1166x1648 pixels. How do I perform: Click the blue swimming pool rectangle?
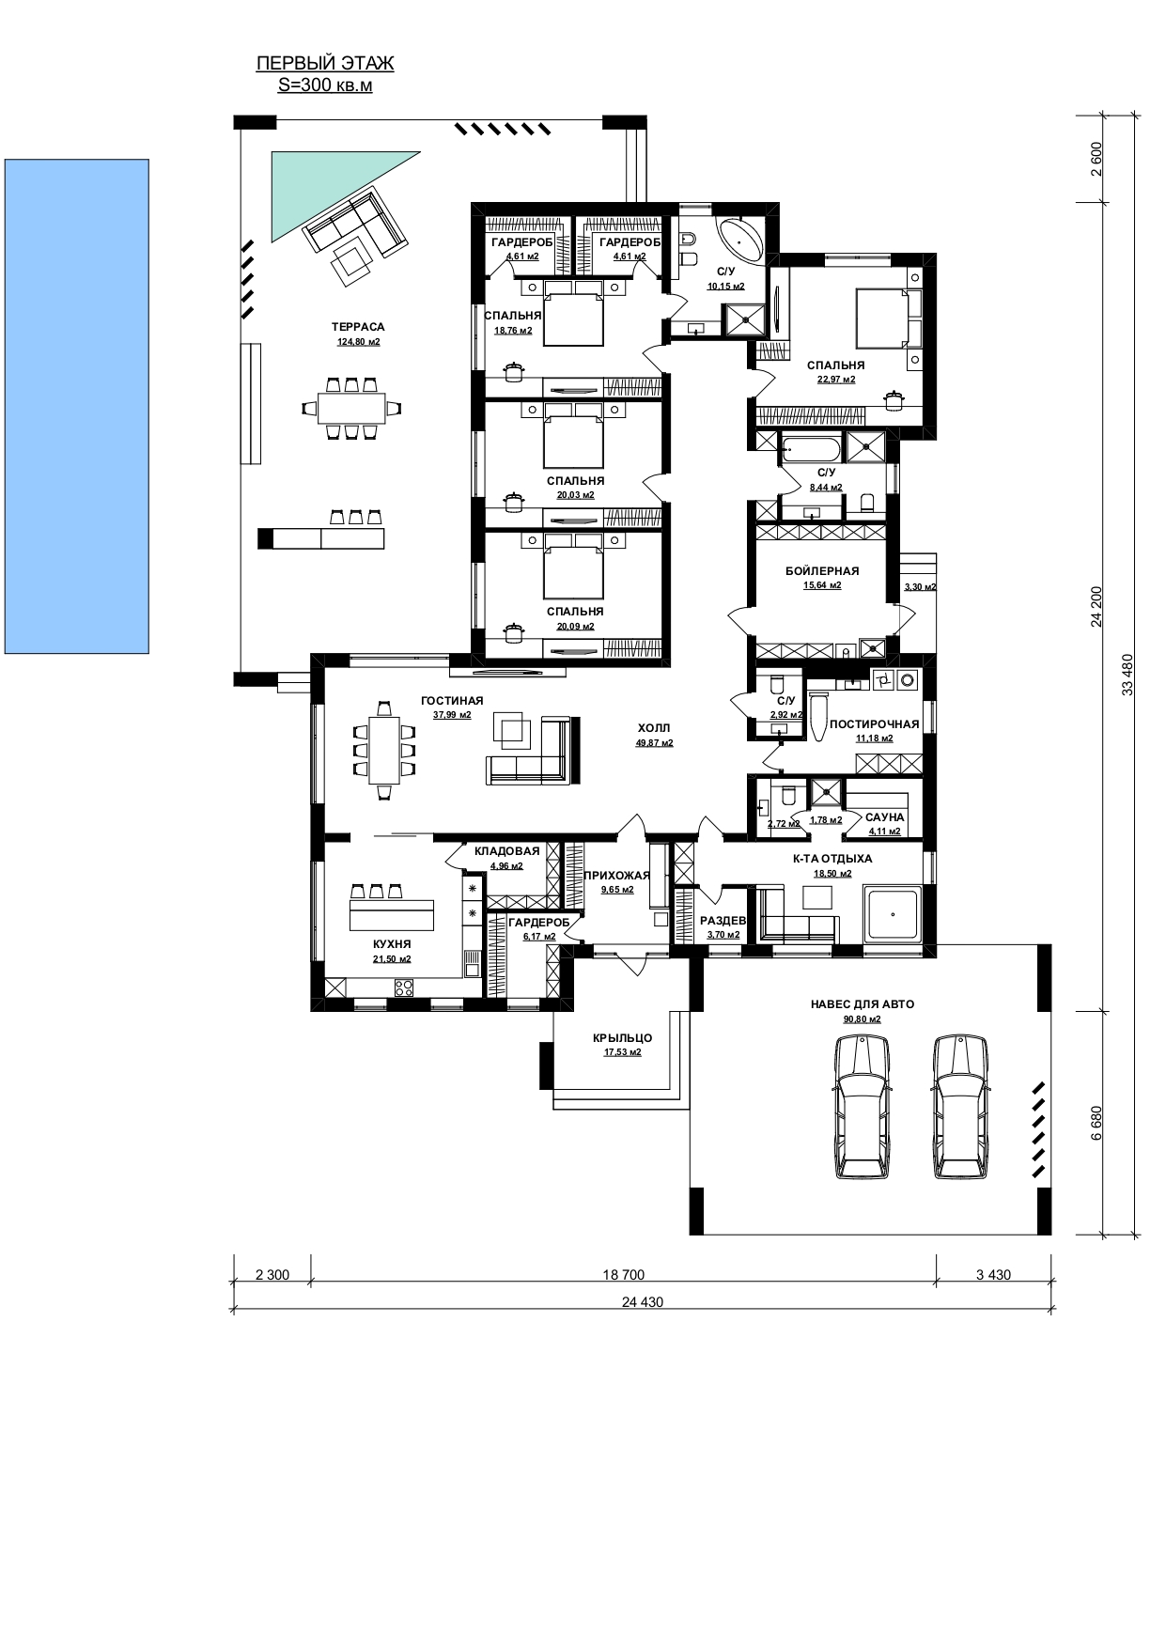tap(77, 406)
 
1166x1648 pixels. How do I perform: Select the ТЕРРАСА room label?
tap(358, 327)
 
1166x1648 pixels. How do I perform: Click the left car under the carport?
tap(861, 1106)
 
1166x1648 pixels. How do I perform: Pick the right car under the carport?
tap(961, 1106)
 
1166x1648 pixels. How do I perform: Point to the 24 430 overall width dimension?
tap(636, 1302)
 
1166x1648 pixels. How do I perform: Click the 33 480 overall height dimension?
tap(1127, 675)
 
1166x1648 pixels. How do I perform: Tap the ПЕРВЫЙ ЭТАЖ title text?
tap(325, 64)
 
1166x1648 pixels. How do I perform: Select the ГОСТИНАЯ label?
tap(452, 700)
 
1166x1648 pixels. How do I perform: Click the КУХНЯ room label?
tap(392, 943)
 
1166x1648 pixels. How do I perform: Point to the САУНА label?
tap(884, 817)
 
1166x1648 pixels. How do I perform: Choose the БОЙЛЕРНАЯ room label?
tap(822, 570)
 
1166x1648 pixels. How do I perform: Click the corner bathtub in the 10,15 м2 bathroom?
tap(742, 241)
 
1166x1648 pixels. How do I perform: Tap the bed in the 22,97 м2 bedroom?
tap(882, 317)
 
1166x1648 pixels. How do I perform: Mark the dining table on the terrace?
tap(350, 408)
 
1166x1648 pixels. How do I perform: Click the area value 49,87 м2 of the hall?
tap(654, 742)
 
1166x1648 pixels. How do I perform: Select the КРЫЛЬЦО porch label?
tap(622, 1038)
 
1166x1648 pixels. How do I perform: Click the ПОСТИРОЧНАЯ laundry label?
tap(874, 724)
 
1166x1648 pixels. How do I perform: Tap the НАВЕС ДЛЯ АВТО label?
tap(862, 1004)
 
